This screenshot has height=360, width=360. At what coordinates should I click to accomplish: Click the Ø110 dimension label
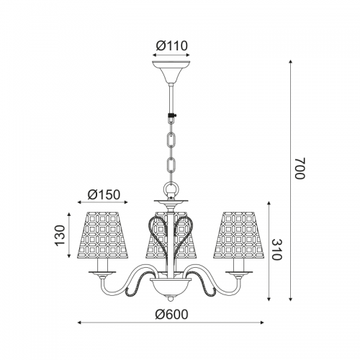pyautogui.click(x=171, y=45)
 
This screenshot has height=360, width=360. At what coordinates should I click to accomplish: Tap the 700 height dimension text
pyautogui.click(x=300, y=168)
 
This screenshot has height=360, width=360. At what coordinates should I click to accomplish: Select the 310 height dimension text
pyautogui.click(x=276, y=250)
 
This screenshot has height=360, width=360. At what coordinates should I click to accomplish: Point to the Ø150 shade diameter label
pyautogui.click(x=104, y=194)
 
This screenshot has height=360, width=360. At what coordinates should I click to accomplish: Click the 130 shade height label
pyautogui.click(x=60, y=235)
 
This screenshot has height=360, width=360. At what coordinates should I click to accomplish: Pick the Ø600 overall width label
pyautogui.click(x=171, y=314)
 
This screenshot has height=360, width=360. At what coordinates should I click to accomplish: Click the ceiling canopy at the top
pyautogui.click(x=171, y=72)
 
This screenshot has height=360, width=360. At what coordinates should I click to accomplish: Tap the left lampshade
pyautogui.click(x=103, y=235)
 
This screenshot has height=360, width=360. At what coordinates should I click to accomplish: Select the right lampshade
pyautogui.click(x=238, y=235)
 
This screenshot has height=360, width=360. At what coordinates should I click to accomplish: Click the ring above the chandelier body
pyautogui.click(x=171, y=188)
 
